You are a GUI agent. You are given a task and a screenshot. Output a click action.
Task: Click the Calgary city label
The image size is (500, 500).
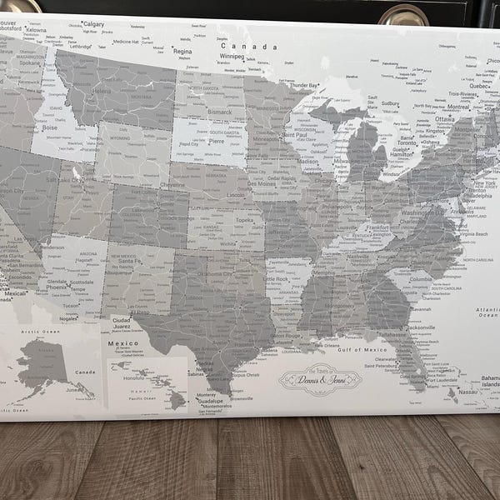93,24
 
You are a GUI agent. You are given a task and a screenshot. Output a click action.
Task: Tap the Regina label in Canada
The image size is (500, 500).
182,51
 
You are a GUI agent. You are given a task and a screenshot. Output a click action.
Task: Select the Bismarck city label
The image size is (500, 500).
219,111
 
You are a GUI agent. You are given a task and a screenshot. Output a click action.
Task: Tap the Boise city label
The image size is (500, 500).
50,127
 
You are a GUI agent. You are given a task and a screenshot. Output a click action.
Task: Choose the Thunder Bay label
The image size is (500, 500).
304,85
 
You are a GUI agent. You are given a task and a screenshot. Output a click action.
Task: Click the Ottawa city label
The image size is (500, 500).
445,119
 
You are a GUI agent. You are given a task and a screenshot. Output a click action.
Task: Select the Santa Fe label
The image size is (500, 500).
129,261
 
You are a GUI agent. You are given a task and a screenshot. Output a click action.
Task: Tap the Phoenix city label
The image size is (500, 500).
57,287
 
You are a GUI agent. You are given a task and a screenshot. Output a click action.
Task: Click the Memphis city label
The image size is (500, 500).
324,272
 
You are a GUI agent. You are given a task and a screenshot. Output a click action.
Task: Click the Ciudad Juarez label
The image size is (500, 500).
122,324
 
